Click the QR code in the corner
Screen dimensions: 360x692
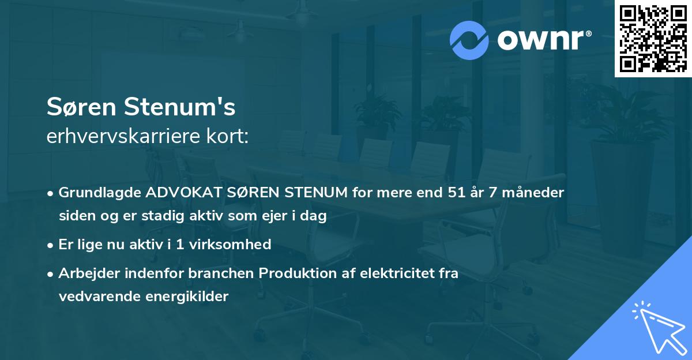(x=653, y=39)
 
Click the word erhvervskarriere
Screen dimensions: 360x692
(x=124, y=137)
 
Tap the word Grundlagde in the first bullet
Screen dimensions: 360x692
(x=95, y=193)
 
